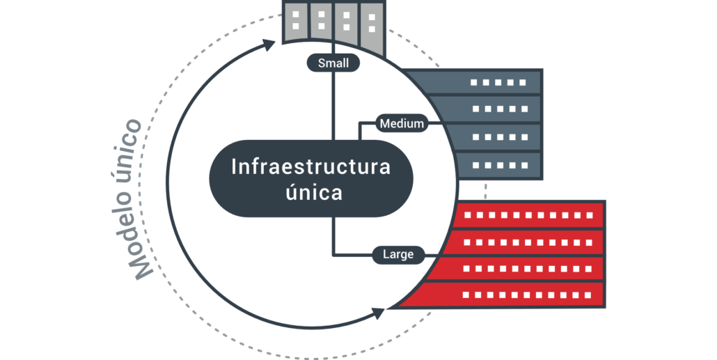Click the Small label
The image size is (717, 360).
coord(333,63)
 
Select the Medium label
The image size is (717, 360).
coord(401,124)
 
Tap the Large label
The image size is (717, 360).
coord(398,254)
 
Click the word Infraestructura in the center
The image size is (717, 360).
coord(310,167)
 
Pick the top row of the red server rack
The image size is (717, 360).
coord(529,215)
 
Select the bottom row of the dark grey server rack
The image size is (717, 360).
coord(498,165)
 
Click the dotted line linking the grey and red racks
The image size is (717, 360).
coord(486,189)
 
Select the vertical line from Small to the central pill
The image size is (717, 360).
coord(333,104)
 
